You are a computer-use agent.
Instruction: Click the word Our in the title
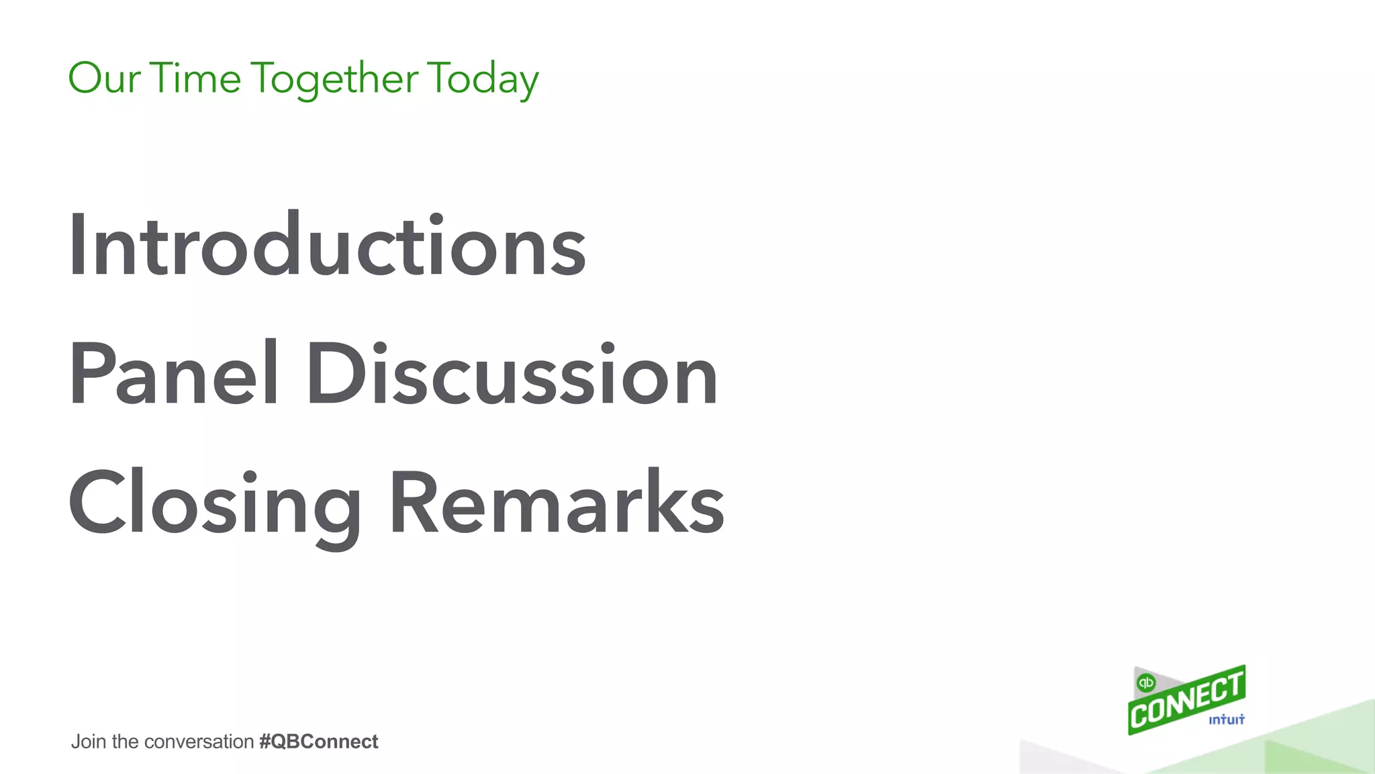click(x=104, y=78)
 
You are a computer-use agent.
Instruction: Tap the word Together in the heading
click(x=335, y=79)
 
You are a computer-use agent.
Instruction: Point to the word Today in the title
click(x=483, y=79)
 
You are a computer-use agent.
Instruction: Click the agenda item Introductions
click(x=327, y=245)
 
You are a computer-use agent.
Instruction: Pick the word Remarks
click(x=557, y=503)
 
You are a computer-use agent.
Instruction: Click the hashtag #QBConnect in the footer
click(x=318, y=742)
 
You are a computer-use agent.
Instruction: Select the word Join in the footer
click(x=89, y=742)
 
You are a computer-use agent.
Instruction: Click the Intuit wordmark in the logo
click(x=1226, y=720)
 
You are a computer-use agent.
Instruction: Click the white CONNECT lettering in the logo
click(x=1186, y=702)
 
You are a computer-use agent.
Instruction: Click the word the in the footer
click(x=126, y=742)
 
